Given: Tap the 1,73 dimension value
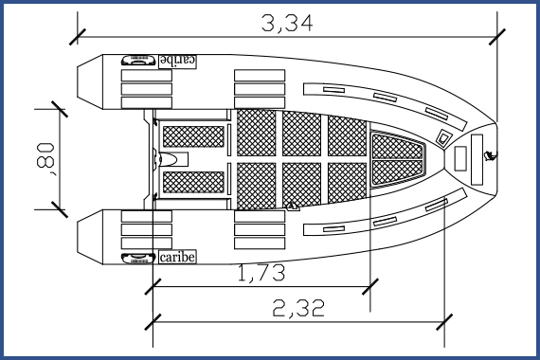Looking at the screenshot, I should pyautogui.click(x=261, y=274).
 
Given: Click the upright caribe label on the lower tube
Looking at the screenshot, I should pyautogui.click(x=177, y=257).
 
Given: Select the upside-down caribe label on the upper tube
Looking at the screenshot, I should pyautogui.click(x=177, y=60).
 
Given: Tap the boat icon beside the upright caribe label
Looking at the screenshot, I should pyautogui.click(x=139, y=257).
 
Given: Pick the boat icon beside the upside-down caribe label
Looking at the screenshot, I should pyautogui.click(x=139, y=60).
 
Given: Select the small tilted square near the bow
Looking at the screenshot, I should pyautogui.click(x=443, y=137).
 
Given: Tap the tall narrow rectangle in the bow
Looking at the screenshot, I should pyautogui.click(x=462, y=157).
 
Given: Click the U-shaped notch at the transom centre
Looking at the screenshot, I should pyautogui.click(x=173, y=158).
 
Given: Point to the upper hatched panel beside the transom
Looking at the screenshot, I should pyautogui.click(x=193, y=135).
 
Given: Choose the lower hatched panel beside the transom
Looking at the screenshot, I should pyautogui.click(x=193, y=181).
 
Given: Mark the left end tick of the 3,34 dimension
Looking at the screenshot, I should pyautogui.click(x=77, y=37).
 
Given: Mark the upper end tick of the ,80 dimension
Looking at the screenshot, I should pyautogui.click(x=60, y=107).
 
